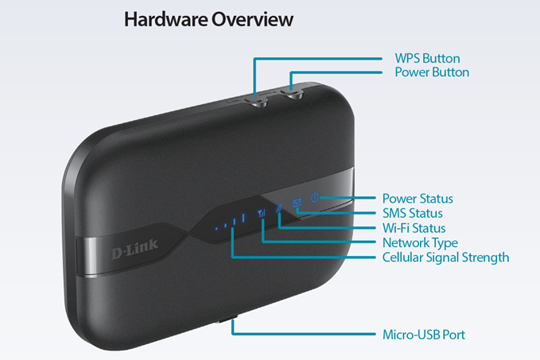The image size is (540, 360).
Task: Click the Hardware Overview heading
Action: tap(208, 19)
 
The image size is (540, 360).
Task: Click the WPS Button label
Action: tap(427, 58)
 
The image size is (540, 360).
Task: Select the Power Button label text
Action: tap(432, 72)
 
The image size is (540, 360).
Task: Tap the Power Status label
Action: tap(418, 199)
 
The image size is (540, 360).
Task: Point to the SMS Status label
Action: tap(412, 213)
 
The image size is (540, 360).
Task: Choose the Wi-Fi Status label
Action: tap(414, 228)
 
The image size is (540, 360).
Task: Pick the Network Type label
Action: tap(419, 242)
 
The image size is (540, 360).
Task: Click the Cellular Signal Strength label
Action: tap(445, 257)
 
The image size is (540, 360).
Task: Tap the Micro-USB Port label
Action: tap(423, 335)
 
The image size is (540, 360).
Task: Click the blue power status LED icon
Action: tap(315, 198)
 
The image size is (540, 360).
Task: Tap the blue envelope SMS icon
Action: tap(297, 204)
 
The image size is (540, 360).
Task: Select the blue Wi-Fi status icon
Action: tap(279, 209)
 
